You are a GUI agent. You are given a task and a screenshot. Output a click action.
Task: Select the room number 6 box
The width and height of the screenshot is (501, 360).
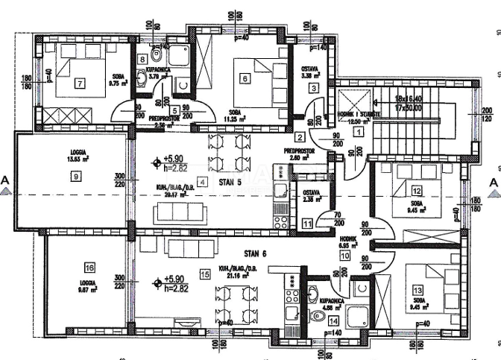coord(244,77)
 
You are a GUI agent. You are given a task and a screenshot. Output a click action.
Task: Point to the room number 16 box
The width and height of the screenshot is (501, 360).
coord(89,268)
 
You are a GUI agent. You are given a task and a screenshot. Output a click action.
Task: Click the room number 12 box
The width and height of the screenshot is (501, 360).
coord(416,192)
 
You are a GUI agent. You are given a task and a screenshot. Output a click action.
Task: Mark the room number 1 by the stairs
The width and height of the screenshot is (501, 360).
coord(358,132)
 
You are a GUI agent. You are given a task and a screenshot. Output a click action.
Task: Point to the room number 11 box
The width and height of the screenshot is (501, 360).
coord(308,223)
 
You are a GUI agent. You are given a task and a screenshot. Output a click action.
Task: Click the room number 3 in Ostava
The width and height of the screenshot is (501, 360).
coord(315,88)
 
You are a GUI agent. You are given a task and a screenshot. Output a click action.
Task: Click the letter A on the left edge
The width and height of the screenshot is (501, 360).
coord(6,180)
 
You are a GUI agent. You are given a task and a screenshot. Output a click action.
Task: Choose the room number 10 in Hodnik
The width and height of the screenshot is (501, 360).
coord(344,255)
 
